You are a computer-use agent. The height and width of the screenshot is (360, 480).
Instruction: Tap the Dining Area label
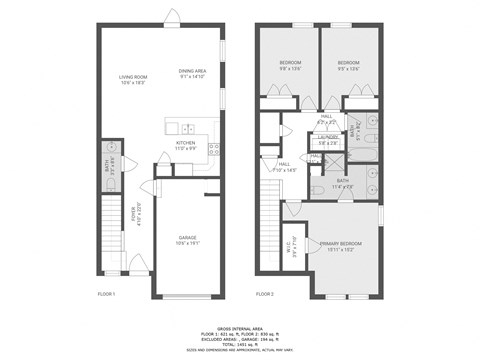[192, 73]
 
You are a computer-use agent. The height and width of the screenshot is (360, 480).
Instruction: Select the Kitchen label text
[187, 145]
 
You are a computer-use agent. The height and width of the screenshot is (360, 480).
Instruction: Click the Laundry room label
[328, 140]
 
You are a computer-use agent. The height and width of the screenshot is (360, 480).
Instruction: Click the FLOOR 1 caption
[107, 295]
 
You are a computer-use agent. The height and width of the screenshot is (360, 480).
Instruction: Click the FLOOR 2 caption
[264, 295]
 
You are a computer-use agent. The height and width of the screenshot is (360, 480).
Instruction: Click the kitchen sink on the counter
[188, 127]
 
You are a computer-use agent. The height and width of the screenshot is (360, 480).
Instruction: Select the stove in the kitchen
[213, 149]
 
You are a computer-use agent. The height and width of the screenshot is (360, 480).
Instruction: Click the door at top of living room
[173, 17]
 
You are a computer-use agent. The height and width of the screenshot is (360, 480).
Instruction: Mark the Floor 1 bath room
[112, 164]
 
